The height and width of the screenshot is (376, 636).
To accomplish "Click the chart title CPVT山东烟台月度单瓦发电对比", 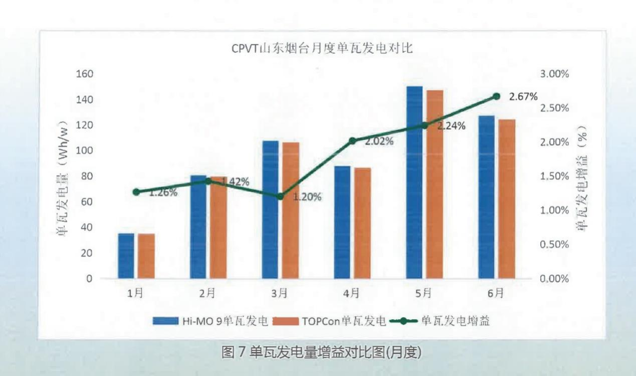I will tap(322, 49).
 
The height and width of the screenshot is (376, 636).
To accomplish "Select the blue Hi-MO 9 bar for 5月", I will tap(414, 182).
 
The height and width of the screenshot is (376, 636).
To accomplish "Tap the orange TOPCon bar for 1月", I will tap(146, 256).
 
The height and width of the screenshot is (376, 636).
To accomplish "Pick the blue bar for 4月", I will tap(342, 222).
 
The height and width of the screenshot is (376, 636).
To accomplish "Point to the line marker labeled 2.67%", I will tap(496, 96).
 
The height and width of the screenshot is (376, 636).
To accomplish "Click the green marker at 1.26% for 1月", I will tap(136, 192).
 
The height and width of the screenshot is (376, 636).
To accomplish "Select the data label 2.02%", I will tap(379, 141).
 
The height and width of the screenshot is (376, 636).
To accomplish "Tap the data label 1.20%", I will tap(307, 197).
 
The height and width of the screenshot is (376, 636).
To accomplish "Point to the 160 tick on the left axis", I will tap(85, 74).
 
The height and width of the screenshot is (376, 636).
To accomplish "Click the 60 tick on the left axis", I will tap(87, 201).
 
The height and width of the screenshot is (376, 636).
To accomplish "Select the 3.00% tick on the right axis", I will tap(554, 74).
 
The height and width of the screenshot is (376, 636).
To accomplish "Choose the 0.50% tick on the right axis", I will tap(554, 244).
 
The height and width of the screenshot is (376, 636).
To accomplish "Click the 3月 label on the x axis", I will tap(279, 294).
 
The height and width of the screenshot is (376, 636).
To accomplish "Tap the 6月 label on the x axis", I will tap(495, 294).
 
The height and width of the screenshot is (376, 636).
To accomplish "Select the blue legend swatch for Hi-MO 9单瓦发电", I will tap(166, 321).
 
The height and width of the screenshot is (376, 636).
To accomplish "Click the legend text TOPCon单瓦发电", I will tap(344, 321).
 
